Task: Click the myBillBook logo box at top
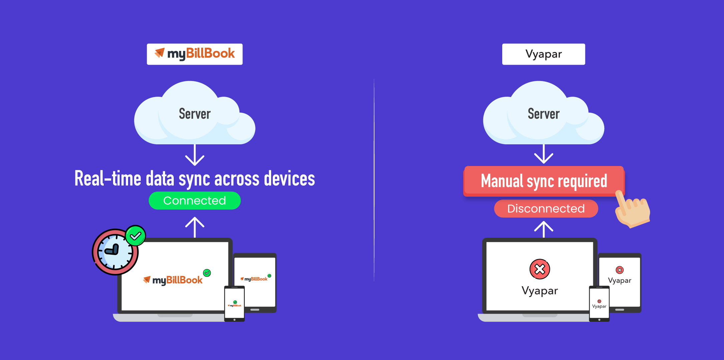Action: tap(194, 54)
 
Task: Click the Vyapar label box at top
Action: tap(543, 54)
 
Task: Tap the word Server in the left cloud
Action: tap(195, 114)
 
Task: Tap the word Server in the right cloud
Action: tap(544, 114)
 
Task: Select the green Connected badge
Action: tap(194, 201)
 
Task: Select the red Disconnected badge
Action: tap(546, 209)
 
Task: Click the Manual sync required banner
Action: tap(544, 181)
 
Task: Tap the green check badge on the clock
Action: tap(135, 236)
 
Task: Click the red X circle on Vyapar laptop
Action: tap(540, 269)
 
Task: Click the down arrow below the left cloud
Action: tap(195, 155)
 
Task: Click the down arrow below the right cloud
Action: tap(544, 154)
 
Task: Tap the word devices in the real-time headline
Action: tap(289, 179)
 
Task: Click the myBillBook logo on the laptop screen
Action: tap(173, 280)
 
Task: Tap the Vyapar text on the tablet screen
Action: tap(619, 280)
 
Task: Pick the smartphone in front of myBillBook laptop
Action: tap(234, 303)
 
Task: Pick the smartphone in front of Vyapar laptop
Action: tap(599, 303)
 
